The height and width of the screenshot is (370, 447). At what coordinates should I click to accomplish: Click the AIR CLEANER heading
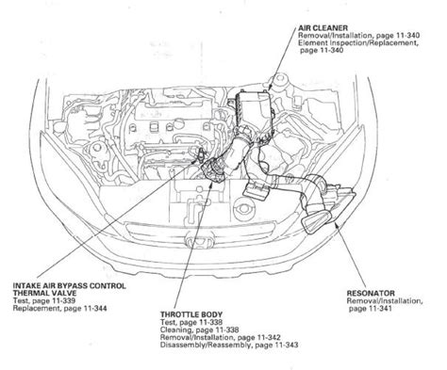pyautogui.click(x=323, y=28)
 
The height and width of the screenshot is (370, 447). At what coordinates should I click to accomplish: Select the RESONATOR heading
pyautogui.click(x=371, y=294)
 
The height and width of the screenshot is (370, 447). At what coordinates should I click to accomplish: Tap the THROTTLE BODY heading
pyautogui.click(x=191, y=314)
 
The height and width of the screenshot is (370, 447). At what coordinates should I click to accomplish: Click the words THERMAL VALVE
pyautogui.click(x=44, y=293)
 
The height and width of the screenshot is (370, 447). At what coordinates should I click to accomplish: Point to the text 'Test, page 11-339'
pyautogui.click(x=44, y=300)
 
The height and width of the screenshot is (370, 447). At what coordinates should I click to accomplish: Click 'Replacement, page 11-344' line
pyautogui.click(x=59, y=308)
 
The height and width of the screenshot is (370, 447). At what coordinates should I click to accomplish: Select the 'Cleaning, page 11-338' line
pyautogui.click(x=199, y=330)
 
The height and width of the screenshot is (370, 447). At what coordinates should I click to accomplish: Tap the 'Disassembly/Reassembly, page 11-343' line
pyautogui.click(x=229, y=345)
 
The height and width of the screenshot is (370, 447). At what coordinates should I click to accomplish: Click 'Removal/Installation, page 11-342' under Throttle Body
pyautogui.click(x=221, y=337)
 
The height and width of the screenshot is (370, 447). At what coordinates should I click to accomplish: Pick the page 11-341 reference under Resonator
pyautogui.click(x=371, y=309)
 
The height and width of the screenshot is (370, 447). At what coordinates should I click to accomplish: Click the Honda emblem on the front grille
pyautogui.click(x=199, y=242)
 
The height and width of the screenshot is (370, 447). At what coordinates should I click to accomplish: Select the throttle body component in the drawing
pyautogui.click(x=214, y=170)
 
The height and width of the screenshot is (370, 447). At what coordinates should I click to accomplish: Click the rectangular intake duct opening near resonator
pyautogui.click(x=316, y=221)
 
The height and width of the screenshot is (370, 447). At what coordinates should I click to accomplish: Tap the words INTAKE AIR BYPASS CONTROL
pyautogui.click(x=69, y=285)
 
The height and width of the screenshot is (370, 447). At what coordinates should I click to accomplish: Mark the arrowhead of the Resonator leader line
pyautogui.click(x=335, y=222)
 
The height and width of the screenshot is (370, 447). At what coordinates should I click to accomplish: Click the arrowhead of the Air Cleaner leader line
pyautogui.click(x=270, y=89)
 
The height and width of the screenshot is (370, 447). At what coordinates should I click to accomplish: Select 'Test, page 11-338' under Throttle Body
pyautogui.click(x=191, y=322)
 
